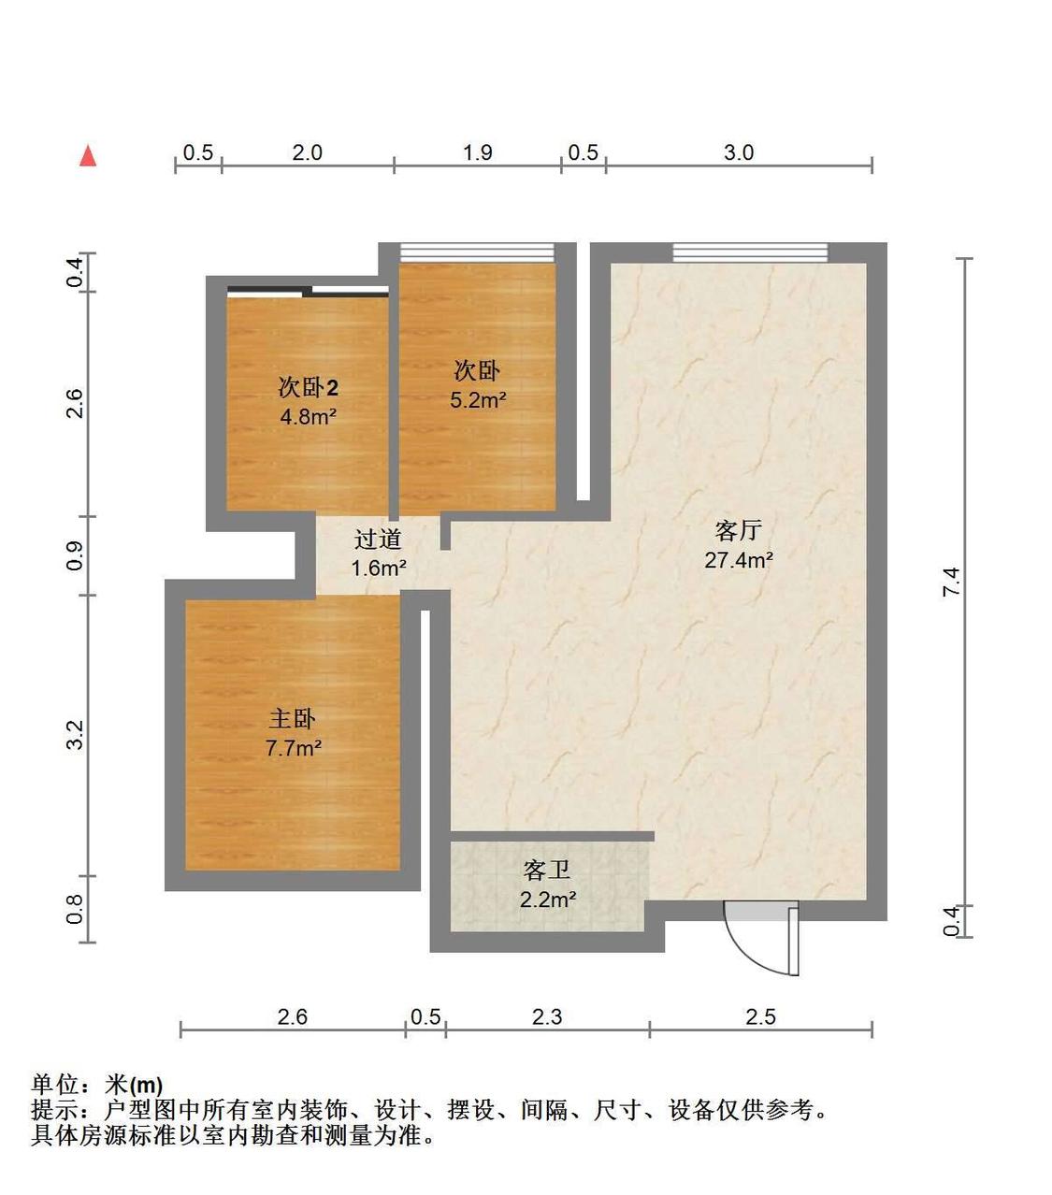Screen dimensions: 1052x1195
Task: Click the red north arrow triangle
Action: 88,156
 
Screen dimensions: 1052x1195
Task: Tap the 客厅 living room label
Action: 738,531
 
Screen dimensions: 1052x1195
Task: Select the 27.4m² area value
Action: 738,560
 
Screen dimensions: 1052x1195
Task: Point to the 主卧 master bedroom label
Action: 292,719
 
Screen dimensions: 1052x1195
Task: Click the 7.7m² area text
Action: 294,748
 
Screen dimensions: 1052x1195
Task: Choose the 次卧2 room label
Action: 308,387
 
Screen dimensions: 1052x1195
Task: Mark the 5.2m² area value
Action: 478,400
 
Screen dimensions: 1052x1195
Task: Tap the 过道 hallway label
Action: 378,540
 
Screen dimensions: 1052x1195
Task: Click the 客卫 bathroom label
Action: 547,870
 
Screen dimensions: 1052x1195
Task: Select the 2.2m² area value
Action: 548,900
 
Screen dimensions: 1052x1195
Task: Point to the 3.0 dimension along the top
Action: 739,152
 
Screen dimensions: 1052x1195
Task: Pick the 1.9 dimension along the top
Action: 477,152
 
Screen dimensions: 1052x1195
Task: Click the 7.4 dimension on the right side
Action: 952,582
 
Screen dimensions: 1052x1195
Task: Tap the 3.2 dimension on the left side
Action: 75,735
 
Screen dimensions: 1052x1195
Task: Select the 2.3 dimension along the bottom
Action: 547,1016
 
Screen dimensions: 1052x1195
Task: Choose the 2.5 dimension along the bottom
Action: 760,1016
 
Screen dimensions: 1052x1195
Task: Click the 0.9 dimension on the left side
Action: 75,555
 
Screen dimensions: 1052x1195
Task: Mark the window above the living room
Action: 750,252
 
